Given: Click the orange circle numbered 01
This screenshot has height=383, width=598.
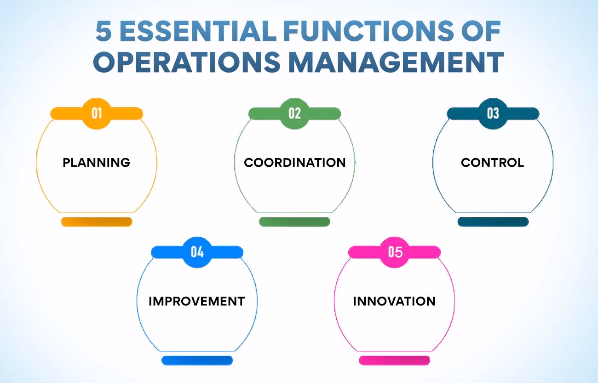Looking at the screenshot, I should pyautogui.click(x=97, y=113).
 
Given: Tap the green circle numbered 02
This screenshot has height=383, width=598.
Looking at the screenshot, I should pyautogui.click(x=294, y=113).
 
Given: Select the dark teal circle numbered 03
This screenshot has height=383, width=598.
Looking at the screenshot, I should pyautogui.click(x=493, y=113).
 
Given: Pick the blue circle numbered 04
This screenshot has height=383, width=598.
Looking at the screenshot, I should pyautogui.click(x=197, y=252).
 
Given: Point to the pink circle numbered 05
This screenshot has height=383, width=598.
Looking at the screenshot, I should pyautogui.click(x=395, y=252).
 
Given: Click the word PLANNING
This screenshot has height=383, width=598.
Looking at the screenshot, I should pyautogui.click(x=97, y=162).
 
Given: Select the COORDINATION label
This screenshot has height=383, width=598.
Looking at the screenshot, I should pyautogui.click(x=295, y=162).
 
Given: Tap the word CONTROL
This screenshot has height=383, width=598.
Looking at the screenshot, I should pyautogui.click(x=492, y=162).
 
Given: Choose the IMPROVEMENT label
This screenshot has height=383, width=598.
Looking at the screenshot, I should pyautogui.click(x=196, y=301).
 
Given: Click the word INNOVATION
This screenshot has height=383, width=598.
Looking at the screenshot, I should pyautogui.click(x=394, y=301).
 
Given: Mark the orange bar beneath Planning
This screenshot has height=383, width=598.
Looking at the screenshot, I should pyautogui.click(x=97, y=222).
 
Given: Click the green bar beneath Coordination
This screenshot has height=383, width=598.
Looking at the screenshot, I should pyautogui.click(x=294, y=222).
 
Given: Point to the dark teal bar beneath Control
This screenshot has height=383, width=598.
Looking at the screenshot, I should pyautogui.click(x=493, y=222).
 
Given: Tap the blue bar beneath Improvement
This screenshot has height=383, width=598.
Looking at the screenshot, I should pyautogui.click(x=197, y=360).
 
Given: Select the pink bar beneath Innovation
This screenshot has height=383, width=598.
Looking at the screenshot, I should pyautogui.click(x=394, y=360).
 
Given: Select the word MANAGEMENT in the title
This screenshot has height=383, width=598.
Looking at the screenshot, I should pyautogui.click(x=396, y=63).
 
